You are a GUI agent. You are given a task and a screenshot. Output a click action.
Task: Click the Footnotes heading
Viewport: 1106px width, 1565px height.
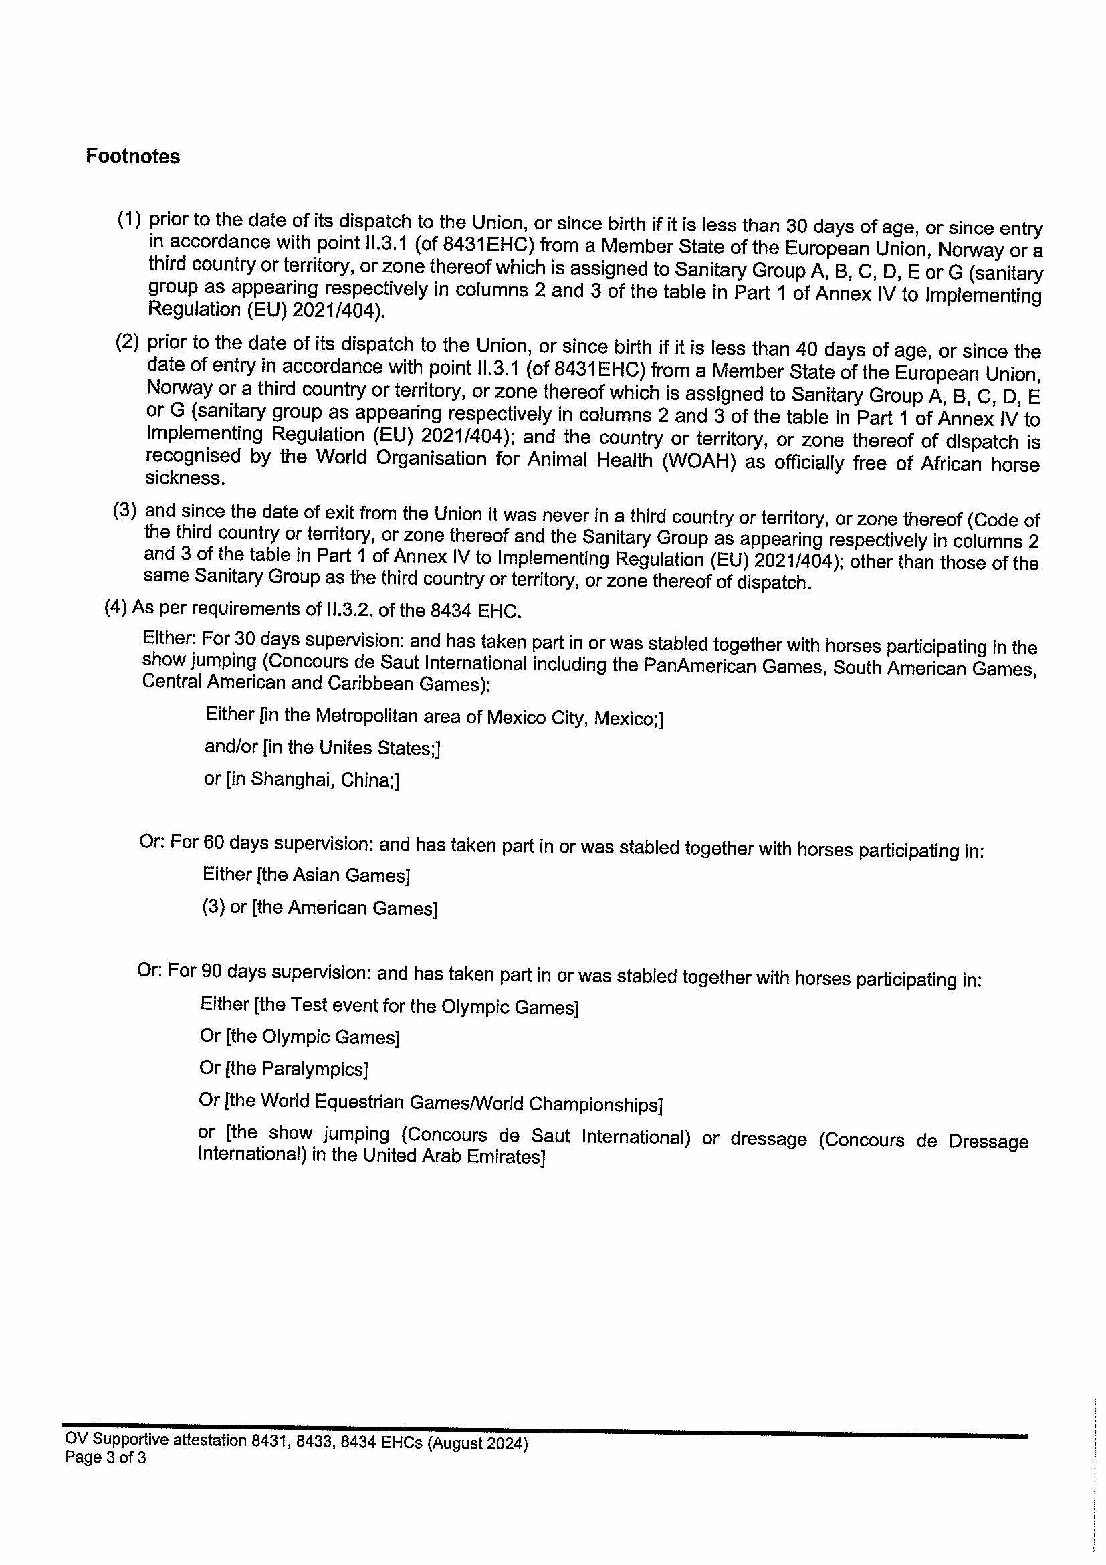tap(133, 156)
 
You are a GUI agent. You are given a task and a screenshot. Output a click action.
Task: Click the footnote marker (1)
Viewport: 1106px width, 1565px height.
tap(130, 219)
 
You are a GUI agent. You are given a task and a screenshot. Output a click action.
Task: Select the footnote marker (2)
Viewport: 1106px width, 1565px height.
tap(128, 341)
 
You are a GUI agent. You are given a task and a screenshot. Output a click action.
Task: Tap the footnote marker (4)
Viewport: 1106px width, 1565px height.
tap(115, 607)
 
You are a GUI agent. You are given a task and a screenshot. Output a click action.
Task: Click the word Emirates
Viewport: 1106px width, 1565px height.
tap(506, 1157)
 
